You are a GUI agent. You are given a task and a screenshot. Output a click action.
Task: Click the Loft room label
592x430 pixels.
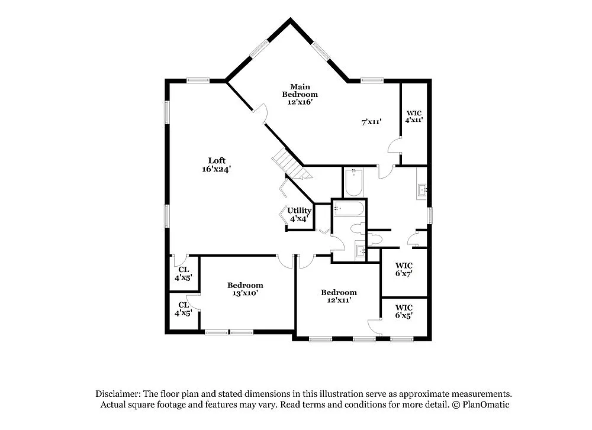point(216,160)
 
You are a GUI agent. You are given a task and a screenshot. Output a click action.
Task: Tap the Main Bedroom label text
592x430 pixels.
point(300,90)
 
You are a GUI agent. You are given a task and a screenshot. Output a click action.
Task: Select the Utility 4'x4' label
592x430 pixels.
point(299,214)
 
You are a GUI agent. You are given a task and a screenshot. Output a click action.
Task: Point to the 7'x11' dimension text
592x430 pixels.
point(371,122)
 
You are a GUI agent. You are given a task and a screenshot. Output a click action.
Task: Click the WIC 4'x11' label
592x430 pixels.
point(414,116)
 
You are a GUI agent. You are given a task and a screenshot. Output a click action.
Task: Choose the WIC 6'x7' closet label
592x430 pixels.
point(404,269)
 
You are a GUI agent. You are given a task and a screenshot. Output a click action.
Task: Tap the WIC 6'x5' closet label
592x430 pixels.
point(404,311)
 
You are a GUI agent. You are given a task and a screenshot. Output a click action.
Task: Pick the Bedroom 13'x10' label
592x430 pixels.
point(245,289)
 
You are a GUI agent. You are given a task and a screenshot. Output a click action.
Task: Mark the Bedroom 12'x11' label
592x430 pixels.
point(339,296)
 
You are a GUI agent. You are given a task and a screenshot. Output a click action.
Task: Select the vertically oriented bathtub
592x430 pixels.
point(354,183)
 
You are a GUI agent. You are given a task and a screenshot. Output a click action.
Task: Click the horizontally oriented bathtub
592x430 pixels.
point(348,208)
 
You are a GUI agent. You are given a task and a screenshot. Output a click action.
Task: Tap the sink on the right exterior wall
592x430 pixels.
point(423,190)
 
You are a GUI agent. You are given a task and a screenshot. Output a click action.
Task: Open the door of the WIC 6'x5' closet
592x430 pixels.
point(374,326)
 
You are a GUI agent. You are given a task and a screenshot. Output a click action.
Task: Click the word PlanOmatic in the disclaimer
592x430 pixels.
point(484,405)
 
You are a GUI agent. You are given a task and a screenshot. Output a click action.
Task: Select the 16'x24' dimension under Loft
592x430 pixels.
point(216,169)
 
